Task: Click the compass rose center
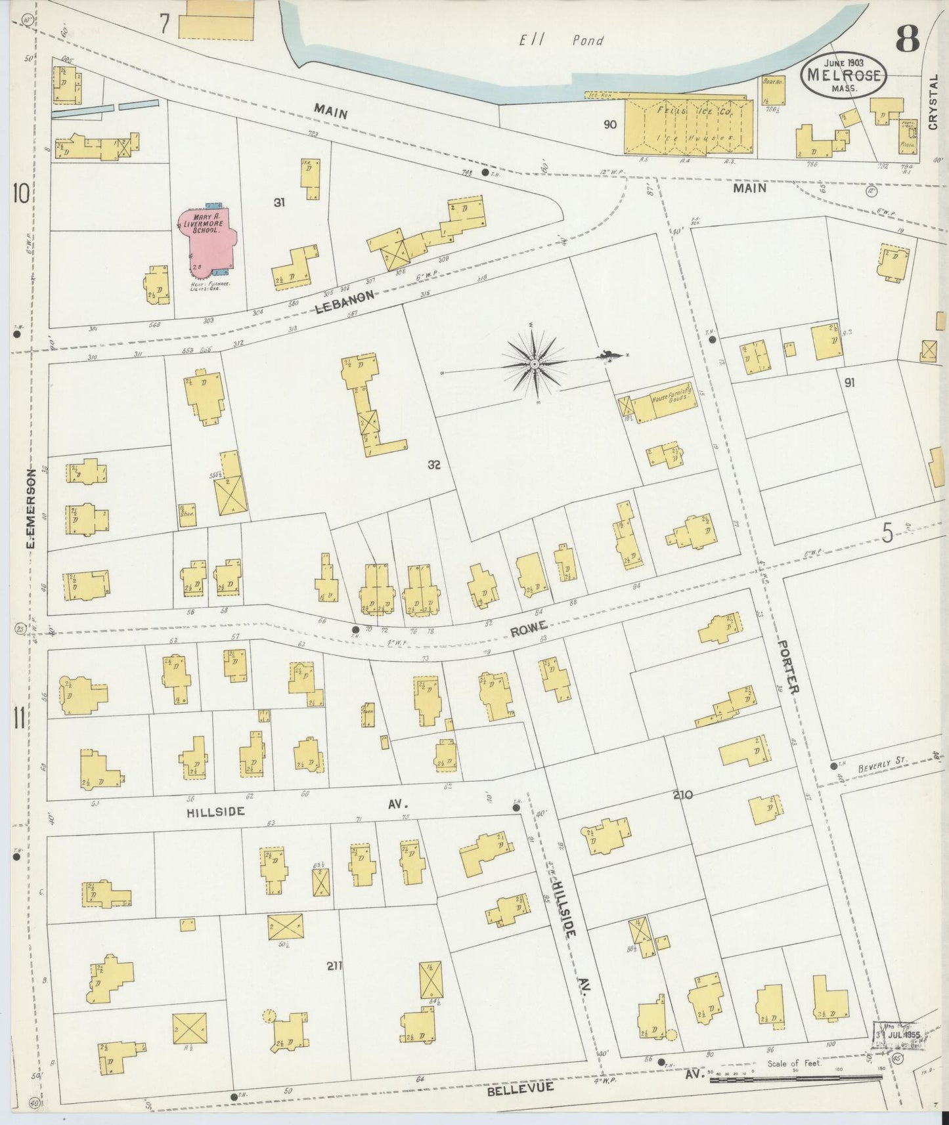pos(535,362)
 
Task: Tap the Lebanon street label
pos(345,302)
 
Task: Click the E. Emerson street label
pos(31,509)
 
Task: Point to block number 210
pos(682,795)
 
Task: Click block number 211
pos(335,965)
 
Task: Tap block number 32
pos(433,465)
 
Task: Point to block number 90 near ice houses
pos(610,123)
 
